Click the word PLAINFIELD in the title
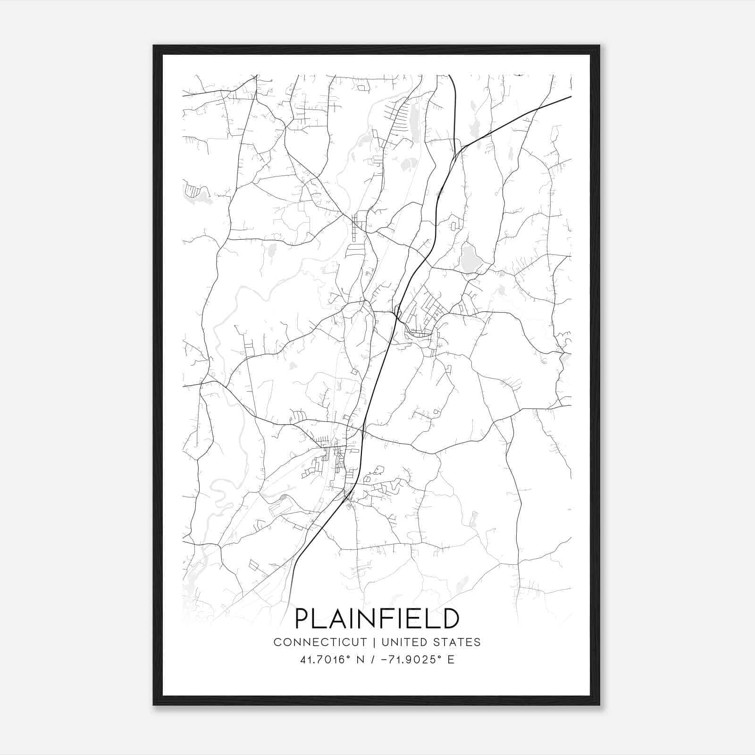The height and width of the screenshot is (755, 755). [x=377, y=619]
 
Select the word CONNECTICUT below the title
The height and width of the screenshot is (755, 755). [x=320, y=642]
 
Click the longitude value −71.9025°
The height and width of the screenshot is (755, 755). [x=408, y=660]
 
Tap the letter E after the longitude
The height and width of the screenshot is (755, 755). [x=451, y=660]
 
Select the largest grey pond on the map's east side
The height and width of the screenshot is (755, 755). [x=469, y=259]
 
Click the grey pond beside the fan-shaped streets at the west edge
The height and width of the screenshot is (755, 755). [x=204, y=197]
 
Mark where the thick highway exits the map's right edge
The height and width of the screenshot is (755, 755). [x=571, y=97]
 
